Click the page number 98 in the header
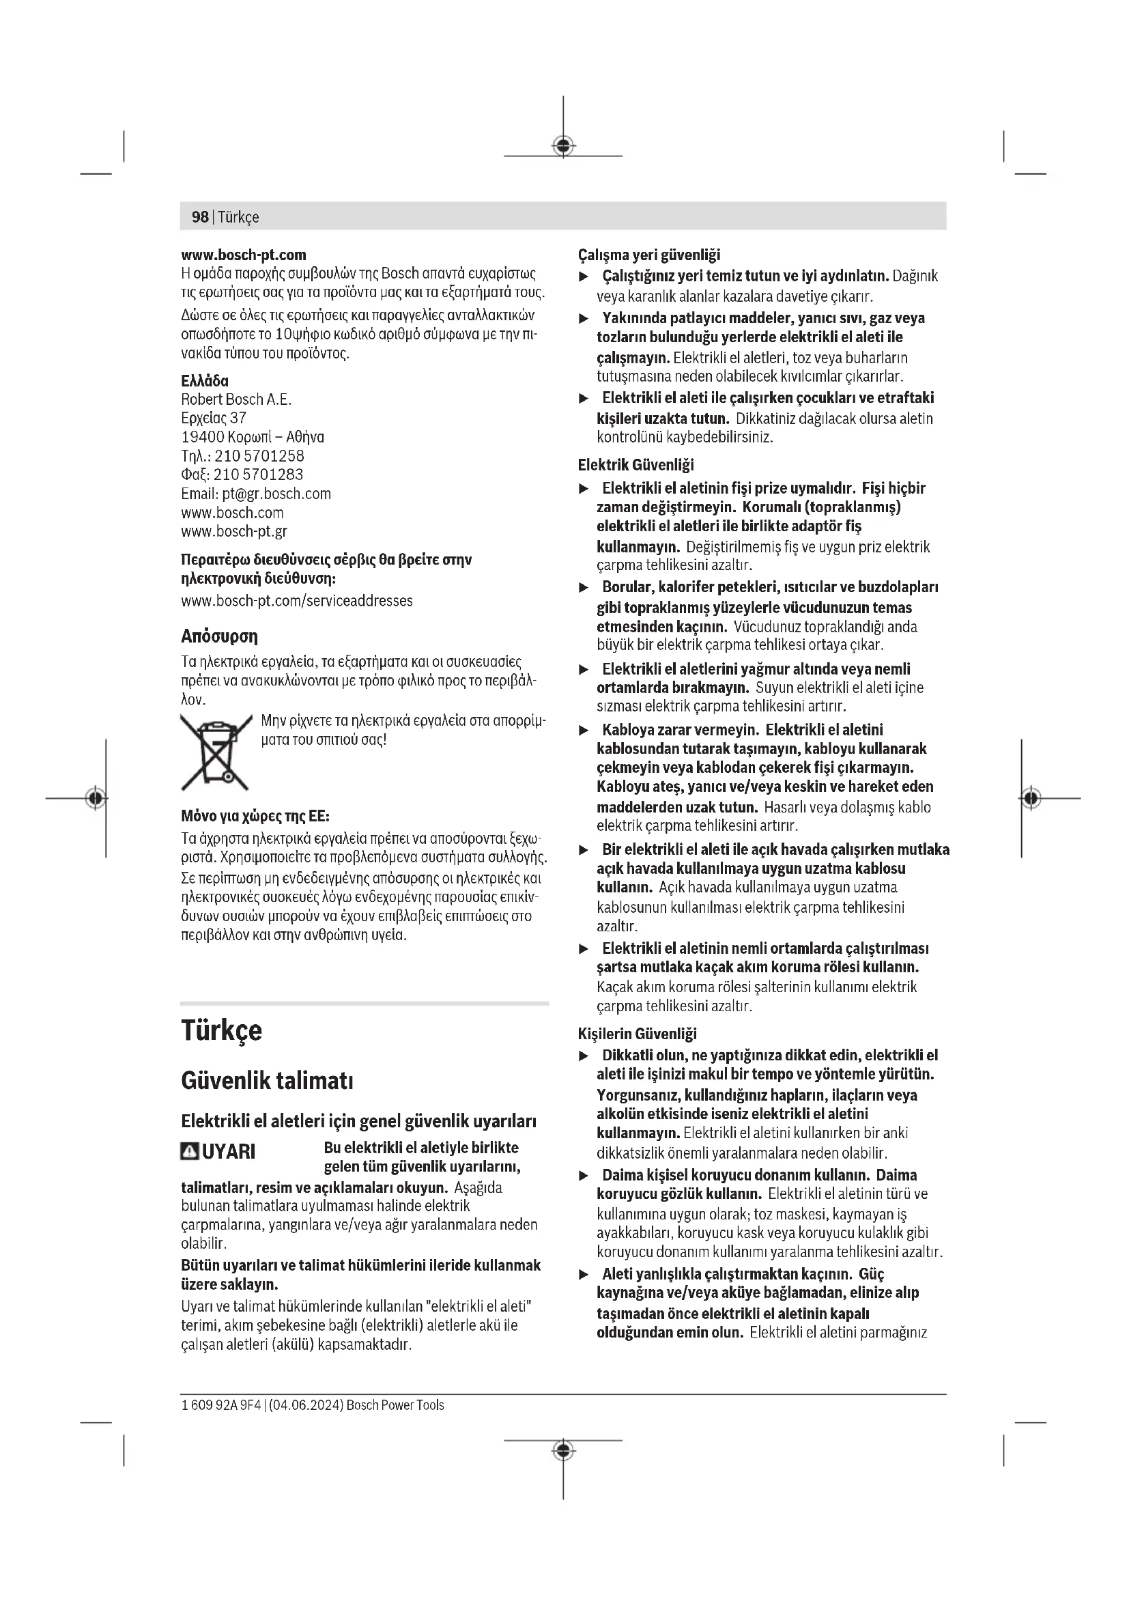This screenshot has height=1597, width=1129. [199, 217]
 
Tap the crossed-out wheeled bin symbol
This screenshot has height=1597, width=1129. [216, 752]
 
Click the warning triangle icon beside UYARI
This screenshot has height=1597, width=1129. [190, 1152]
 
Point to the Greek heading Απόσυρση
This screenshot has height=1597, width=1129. [219, 636]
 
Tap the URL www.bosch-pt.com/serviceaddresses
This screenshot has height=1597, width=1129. [297, 601]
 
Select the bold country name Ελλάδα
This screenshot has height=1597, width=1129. [204, 381]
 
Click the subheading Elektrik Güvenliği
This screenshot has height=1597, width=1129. [635, 466]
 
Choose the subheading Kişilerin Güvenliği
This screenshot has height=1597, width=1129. [637, 1034]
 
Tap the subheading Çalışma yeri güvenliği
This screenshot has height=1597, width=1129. [648, 255]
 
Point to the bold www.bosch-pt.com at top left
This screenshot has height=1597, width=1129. [243, 255]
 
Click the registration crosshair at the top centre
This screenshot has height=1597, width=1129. [563, 145]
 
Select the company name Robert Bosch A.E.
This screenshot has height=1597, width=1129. [235, 400]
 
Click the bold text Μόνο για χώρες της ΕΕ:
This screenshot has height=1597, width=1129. [255, 816]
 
